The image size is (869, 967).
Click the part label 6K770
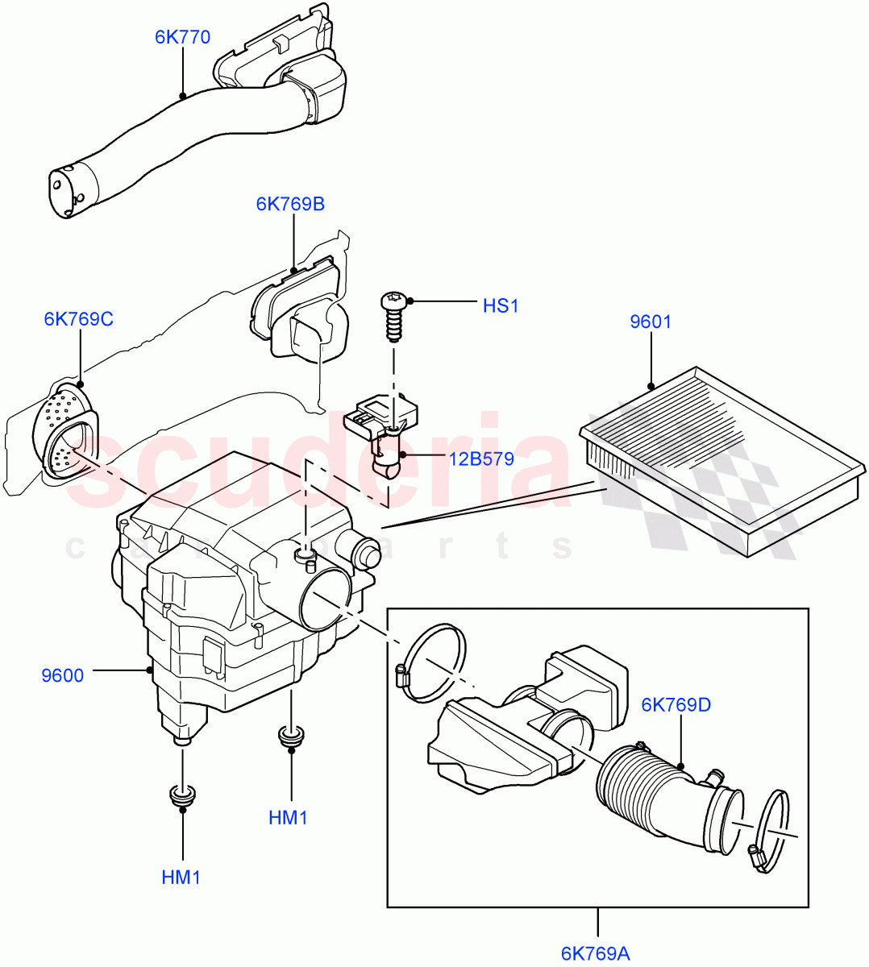(183, 37)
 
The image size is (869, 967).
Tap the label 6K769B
(290, 204)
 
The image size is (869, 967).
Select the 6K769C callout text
(79, 319)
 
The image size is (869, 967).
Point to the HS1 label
(500, 306)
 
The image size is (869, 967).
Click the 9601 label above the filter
(650, 322)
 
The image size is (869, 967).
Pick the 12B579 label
(481, 459)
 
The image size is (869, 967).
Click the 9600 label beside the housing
(62, 675)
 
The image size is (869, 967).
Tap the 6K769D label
(676, 705)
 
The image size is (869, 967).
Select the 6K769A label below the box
(595, 953)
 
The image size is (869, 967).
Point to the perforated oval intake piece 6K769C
(66, 431)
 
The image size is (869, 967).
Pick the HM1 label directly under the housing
(288, 818)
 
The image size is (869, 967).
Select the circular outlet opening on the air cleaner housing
(326, 599)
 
